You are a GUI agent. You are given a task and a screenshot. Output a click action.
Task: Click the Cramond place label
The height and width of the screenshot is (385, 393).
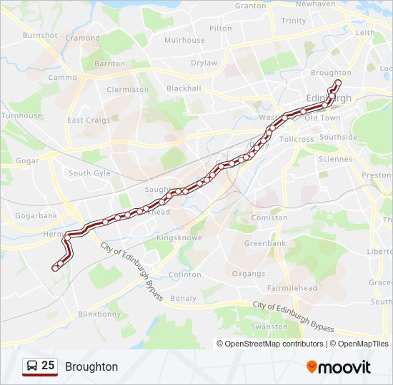coord(82,38)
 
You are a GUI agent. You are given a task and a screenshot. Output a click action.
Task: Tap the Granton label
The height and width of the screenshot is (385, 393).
coord(250,5)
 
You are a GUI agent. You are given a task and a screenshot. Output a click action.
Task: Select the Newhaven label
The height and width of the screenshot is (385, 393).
coord(315,4)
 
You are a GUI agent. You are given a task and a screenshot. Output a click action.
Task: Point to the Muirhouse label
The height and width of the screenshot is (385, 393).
coord(184,40)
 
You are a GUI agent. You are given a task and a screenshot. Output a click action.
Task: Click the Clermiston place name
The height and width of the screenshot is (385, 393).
coord(127,90)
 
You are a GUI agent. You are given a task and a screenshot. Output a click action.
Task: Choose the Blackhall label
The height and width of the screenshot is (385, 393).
coord(184,88)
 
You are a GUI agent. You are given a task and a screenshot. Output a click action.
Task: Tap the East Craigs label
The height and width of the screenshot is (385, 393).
coord(89,120)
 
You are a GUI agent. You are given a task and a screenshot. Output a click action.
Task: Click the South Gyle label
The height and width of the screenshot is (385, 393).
coord(89,173)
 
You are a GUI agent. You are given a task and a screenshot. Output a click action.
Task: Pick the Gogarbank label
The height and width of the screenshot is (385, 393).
coord(36,215)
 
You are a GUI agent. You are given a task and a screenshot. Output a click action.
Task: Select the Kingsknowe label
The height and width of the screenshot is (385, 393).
coord(179,237)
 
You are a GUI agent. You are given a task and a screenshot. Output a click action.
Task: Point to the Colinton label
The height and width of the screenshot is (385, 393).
coord(185,274)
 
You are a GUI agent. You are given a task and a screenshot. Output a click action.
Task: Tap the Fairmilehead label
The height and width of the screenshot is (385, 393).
coord(292,288)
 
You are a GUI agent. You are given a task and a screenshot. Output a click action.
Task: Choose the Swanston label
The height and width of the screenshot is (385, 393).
coord(269,327)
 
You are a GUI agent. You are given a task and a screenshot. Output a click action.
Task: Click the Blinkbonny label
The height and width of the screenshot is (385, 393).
coord(99,314)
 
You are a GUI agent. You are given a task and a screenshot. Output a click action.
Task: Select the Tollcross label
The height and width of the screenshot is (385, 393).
coord(297,139)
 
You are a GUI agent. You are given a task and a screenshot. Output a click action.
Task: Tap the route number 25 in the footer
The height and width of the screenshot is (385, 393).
coord(48,366)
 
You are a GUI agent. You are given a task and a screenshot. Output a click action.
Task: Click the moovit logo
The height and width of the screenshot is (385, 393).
coord(339,367)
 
